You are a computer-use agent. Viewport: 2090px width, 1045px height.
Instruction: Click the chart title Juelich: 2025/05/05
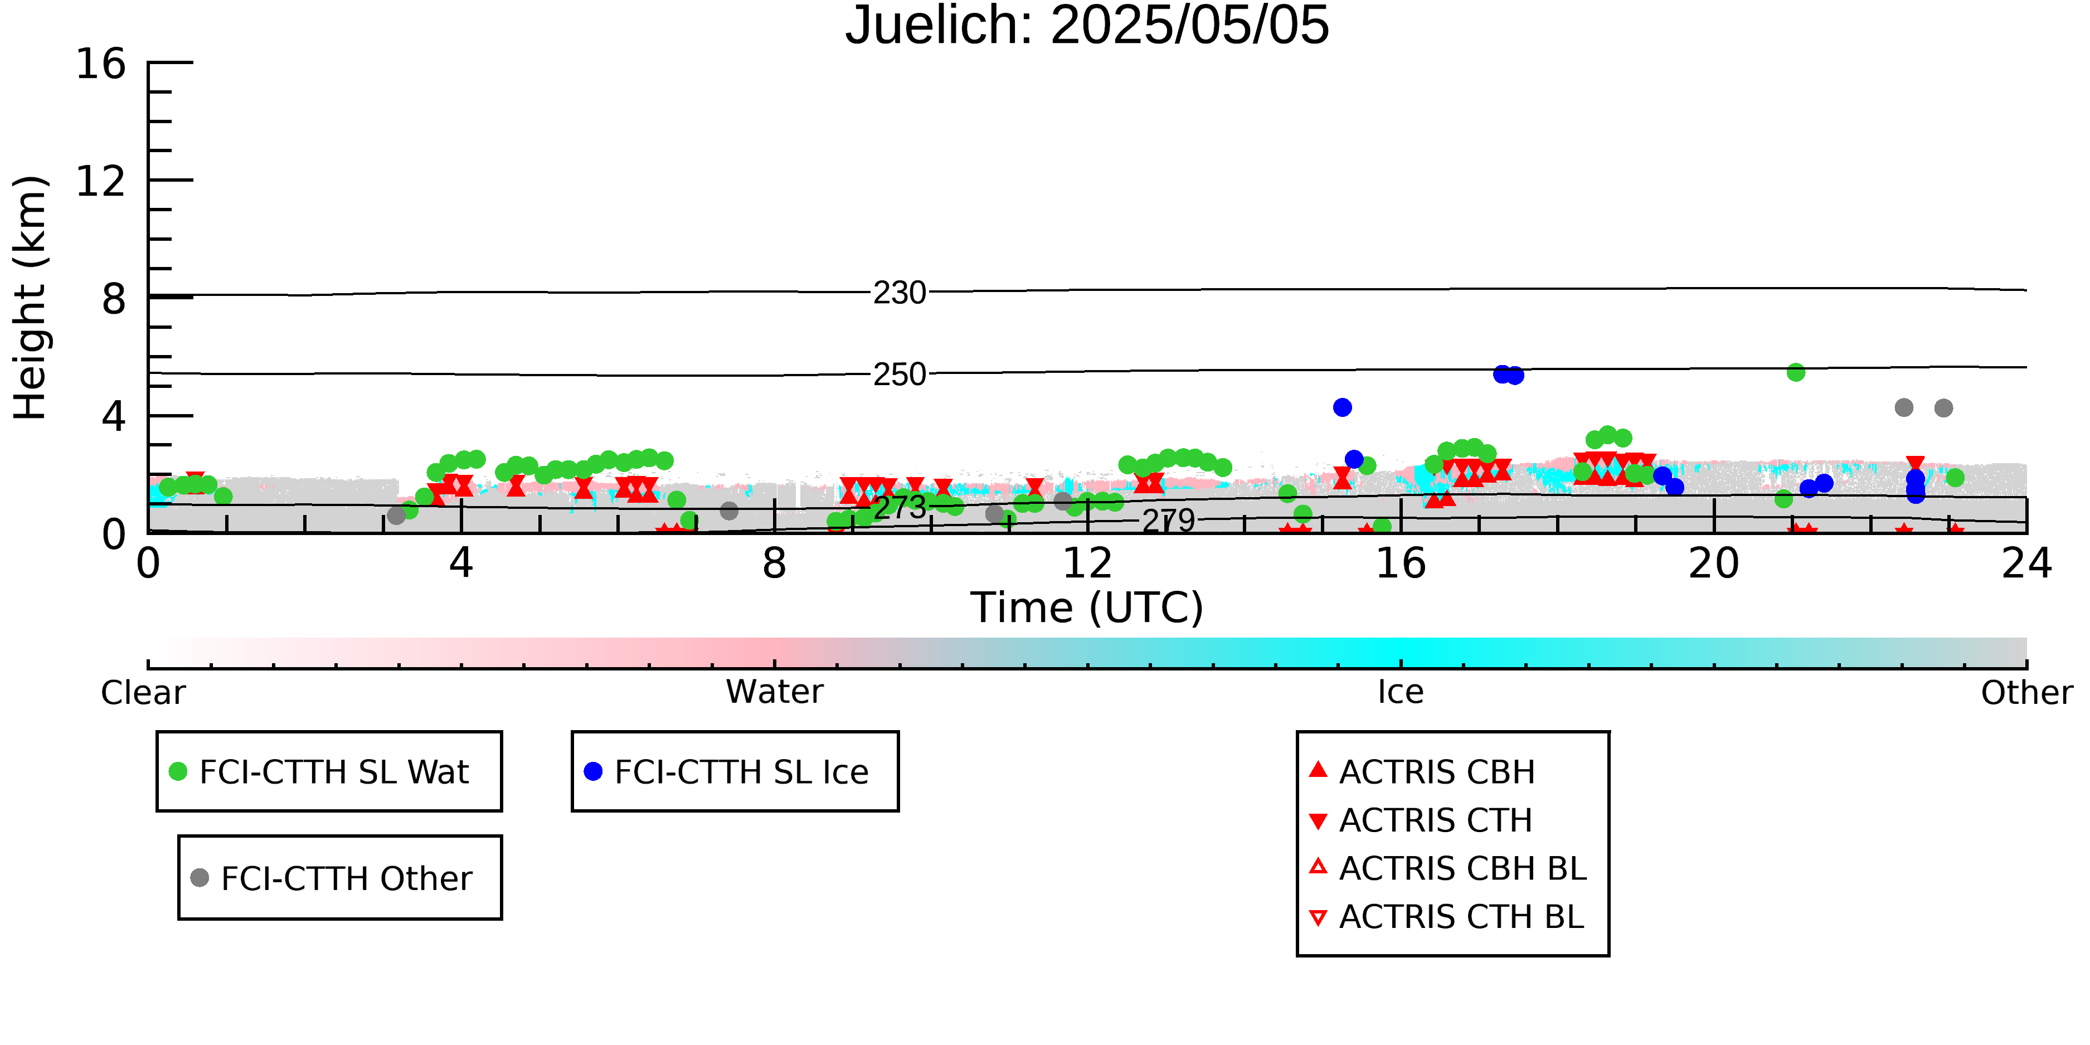click(1087, 26)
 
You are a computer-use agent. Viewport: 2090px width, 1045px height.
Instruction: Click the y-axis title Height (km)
click(30, 298)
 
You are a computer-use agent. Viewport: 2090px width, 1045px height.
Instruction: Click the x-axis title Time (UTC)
click(1087, 607)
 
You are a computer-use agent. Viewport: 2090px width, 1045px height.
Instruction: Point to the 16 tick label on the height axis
click(101, 64)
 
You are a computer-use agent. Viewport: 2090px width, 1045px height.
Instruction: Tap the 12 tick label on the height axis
click(101, 181)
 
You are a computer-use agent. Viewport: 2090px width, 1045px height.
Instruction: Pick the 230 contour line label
click(899, 293)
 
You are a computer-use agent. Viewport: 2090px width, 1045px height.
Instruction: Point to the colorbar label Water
click(775, 692)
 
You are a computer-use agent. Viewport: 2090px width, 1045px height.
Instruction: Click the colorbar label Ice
click(1401, 692)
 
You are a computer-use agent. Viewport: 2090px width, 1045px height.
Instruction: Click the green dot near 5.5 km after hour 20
click(1796, 372)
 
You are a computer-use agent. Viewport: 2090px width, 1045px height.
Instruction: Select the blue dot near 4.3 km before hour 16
click(1342, 407)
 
